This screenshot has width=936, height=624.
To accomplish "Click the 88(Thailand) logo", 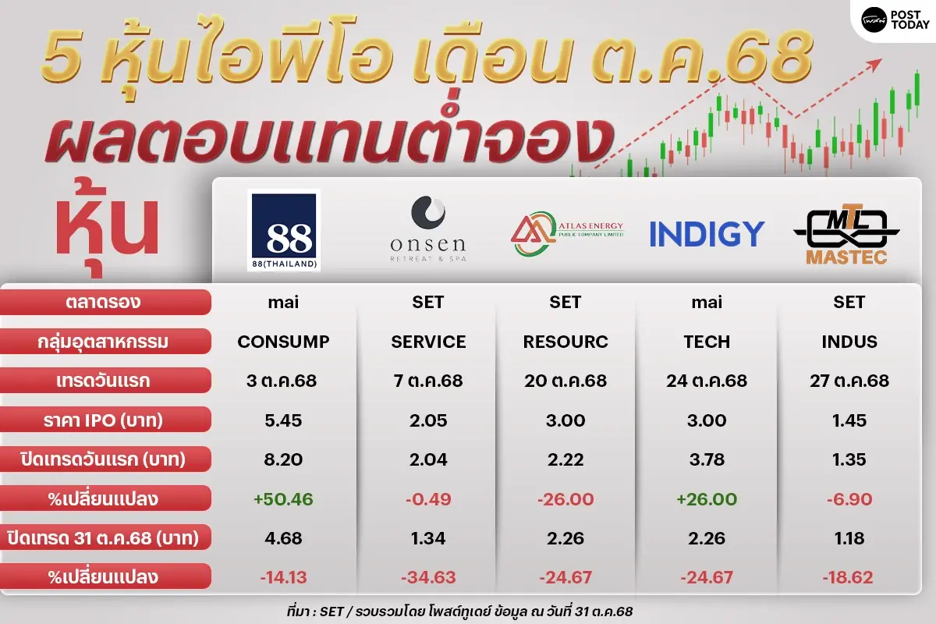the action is click(x=284, y=231).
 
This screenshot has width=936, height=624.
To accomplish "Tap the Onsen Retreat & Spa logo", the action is click(x=428, y=229).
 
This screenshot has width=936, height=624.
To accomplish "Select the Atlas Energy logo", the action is click(x=567, y=233).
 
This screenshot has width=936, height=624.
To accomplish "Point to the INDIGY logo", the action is click(x=707, y=234).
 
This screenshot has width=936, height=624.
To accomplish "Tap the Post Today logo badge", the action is click(x=894, y=20).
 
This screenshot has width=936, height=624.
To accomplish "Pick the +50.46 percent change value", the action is click(x=283, y=499).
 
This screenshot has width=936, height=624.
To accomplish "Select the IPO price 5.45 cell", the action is click(x=283, y=420).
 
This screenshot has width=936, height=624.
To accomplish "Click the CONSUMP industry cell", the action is click(x=283, y=342).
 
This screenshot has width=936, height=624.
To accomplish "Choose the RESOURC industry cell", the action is click(x=565, y=342).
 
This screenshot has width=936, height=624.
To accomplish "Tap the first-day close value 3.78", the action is click(x=707, y=459).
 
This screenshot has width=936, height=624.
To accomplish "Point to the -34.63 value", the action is click(x=428, y=578).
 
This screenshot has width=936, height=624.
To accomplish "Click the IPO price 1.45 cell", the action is click(x=849, y=420).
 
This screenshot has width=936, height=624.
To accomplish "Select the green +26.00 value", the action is click(x=707, y=499).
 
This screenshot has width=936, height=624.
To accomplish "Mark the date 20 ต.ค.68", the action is click(x=565, y=381).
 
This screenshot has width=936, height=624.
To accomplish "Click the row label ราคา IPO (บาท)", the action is click(x=103, y=420).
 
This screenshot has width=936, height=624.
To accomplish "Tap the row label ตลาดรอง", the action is click(x=103, y=302).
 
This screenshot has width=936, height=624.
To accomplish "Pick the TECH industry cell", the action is click(x=707, y=342).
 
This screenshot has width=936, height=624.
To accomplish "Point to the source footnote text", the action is click(x=459, y=612).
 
